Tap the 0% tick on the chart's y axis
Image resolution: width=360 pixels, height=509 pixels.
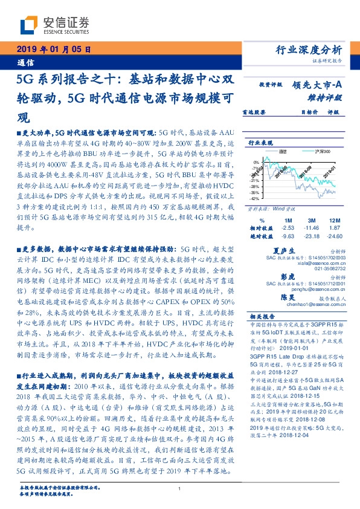coord(257,163)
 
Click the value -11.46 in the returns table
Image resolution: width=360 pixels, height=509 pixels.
coord(310,227)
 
